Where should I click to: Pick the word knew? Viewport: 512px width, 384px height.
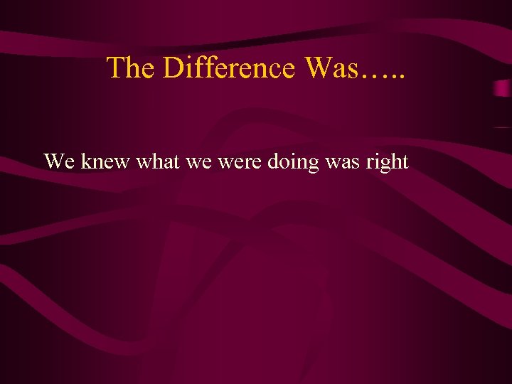pyautogui.click(x=105, y=162)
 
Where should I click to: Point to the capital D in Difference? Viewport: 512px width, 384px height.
pyautogui.click(x=174, y=68)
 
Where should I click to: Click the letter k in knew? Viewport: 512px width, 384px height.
pyautogui.click(x=85, y=162)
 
